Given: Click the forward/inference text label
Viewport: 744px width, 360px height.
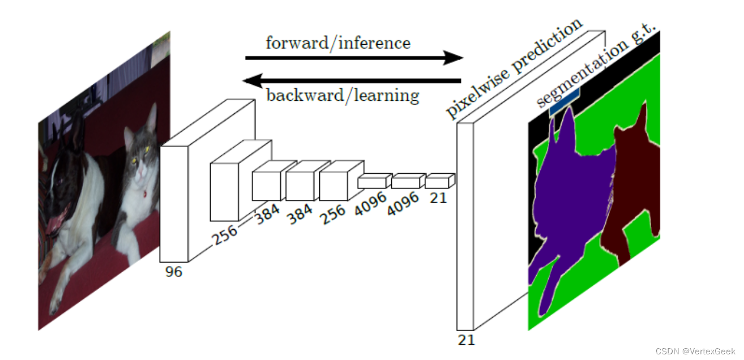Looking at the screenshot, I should [x=338, y=43].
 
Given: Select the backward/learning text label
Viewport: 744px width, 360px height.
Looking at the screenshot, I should [x=343, y=95].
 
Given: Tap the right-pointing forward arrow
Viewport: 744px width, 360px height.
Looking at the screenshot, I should [x=354, y=57].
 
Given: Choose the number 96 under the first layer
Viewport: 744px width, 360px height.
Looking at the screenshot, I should [x=174, y=272].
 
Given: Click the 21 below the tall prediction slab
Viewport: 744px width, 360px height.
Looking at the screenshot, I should [x=467, y=340].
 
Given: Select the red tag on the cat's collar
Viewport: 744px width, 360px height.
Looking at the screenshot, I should [x=145, y=194].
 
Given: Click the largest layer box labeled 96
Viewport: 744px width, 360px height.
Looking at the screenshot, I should [x=174, y=204].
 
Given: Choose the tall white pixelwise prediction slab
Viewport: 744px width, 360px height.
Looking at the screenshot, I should [x=465, y=226].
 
